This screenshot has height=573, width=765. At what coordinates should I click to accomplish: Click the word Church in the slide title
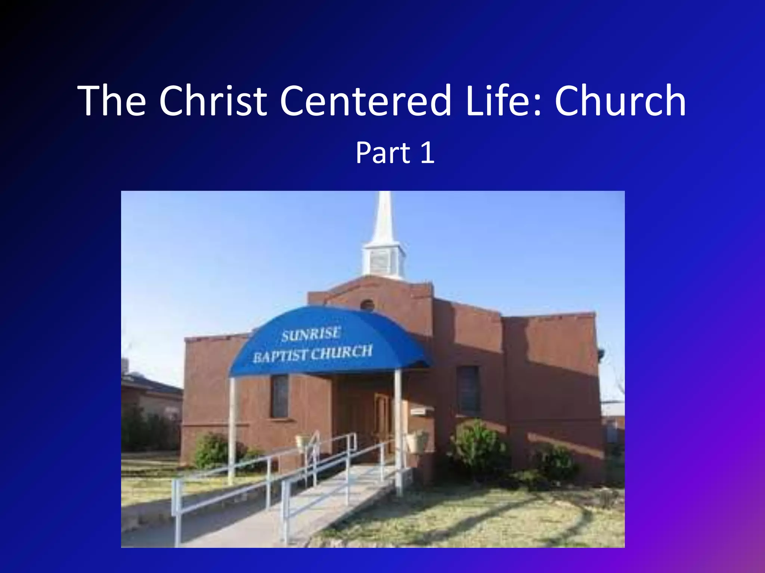coord(620,101)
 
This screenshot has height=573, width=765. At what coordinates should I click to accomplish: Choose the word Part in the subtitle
coord(382,153)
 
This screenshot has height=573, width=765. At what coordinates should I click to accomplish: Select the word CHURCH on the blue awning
coord(342,352)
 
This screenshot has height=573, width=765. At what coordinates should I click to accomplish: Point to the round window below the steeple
coord(367,305)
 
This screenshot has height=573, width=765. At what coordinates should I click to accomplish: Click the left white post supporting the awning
coord(232,429)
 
